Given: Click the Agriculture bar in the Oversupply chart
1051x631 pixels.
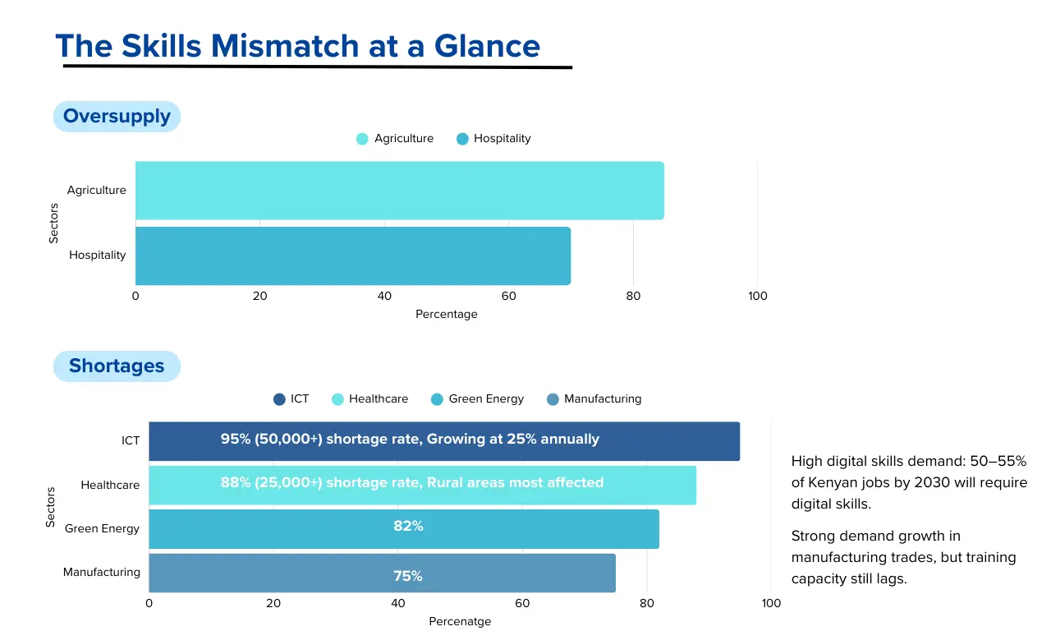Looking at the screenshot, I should click(399, 191).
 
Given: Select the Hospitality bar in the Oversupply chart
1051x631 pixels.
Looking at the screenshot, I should click(353, 256).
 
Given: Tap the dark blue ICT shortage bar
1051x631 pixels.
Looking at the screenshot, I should click(443, 441).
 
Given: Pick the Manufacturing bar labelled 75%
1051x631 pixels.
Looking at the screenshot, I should click(382, 573).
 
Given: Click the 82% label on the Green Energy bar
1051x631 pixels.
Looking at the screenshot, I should click(408, 526).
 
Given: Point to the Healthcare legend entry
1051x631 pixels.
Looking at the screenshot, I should click(369, 399).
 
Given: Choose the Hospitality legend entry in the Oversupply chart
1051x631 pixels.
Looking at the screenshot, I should click(493, 139).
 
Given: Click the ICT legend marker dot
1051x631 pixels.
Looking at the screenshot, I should click(279, 399).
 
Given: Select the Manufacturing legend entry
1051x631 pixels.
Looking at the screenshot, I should click(594, 399).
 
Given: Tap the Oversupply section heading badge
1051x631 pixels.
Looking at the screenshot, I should click(117, 117).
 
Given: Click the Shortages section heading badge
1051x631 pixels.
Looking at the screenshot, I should click(117, 366).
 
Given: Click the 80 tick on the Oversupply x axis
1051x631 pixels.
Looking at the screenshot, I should click(633, 296).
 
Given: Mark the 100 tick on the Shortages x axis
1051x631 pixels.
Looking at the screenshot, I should click(771, 604).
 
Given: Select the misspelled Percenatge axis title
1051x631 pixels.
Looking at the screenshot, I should click(460, 621).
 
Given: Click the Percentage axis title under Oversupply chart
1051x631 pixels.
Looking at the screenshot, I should click(446, 314).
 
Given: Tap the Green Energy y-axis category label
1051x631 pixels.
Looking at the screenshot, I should click(103, 528).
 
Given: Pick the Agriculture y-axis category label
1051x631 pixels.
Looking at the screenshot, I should click(97, 191).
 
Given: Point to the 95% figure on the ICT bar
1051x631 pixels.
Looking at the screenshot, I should click(235, 439).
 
